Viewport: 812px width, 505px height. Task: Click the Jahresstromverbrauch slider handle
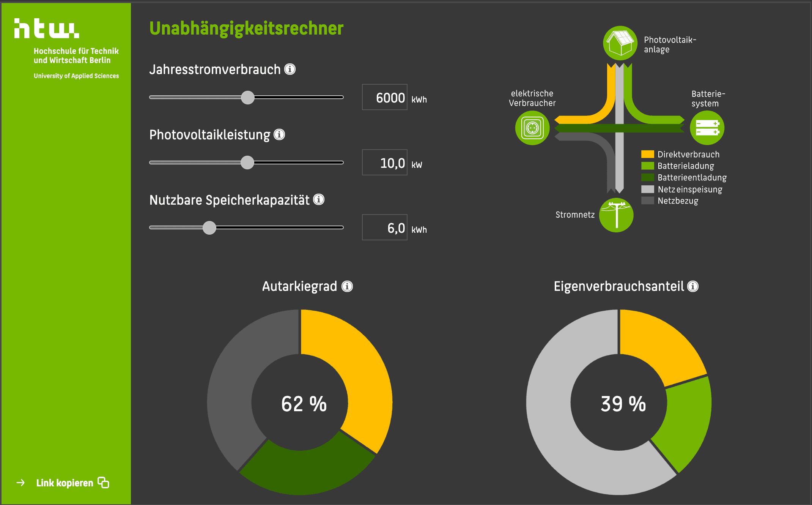[x=248, y=98]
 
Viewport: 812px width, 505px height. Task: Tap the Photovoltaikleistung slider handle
[x=247, y=163]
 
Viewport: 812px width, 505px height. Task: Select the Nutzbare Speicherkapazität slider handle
[x=209, y=228]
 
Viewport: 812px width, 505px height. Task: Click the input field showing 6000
[x=384, y=97]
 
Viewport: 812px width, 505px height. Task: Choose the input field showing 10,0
[x=384, y=163]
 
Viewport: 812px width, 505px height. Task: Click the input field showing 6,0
[x=384, y=227]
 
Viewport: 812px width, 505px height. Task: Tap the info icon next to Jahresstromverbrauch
[x=290, y=69]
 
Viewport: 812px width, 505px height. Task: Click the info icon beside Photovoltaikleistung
[x=279, y=134]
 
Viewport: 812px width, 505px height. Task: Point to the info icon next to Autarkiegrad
[x=347, y=286]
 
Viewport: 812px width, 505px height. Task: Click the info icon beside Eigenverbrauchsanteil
[x=693, y=286]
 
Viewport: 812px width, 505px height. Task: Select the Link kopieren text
[x=65, y=483]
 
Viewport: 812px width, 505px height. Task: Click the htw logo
[x=47, y=28]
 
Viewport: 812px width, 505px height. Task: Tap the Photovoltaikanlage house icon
[x=620, y=43]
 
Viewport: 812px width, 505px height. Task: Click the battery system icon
[x=707, y=128]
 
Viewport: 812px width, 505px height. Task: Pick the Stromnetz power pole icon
[x=616, y=215]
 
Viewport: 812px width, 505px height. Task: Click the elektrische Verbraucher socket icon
[x=532, y=128]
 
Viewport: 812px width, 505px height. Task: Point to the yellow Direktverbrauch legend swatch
[x=647, y=154]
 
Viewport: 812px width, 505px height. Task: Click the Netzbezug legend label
[x=678, y=201]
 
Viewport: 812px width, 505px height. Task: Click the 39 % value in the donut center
[x=623, y=404]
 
